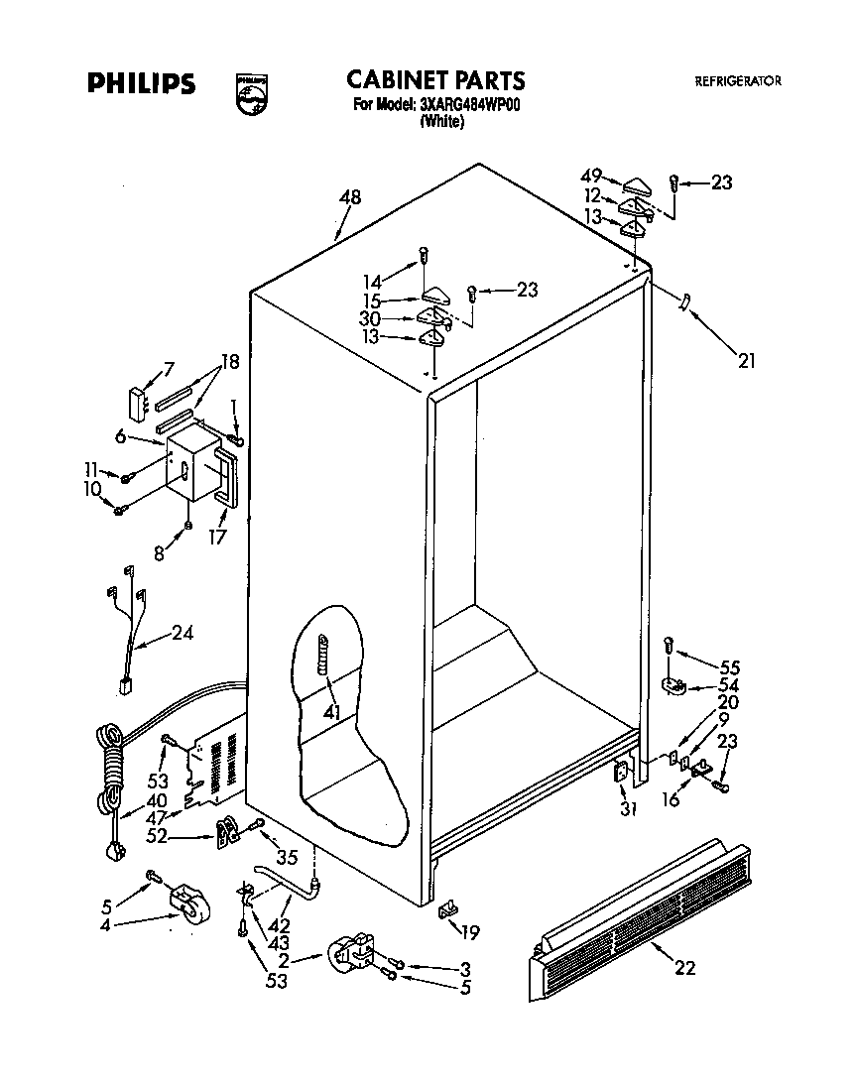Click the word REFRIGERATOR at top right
point(737,81)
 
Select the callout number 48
point(349,197)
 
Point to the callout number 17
point(218,537)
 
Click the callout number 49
point(591,177)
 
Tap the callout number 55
point(730,667)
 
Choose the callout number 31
point(627,808)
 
